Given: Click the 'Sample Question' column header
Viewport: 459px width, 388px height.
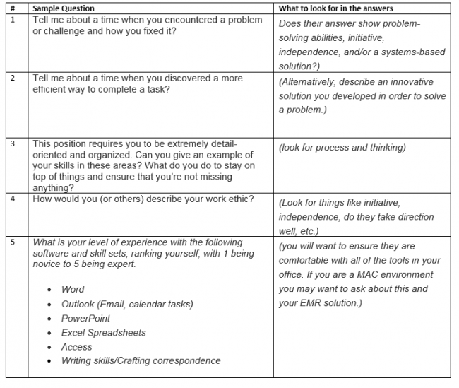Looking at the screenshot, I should pyautogui.click(x=63, y=8).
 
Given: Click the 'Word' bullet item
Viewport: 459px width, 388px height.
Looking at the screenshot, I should pyautogui.click(x=72, y=289).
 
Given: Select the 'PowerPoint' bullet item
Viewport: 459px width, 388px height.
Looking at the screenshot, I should pyautogui.click(x=85, y=318).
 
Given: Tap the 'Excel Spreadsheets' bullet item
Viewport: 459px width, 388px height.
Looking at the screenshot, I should pyautogui.click(x=103, y=332).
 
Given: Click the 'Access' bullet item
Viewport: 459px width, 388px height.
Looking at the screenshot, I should pyautogui.click(x=76, y=346).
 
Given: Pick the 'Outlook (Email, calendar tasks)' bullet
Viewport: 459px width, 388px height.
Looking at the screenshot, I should pyautogui.click(x=126, y=304).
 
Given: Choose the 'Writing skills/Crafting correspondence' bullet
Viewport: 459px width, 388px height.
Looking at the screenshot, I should pyautogui.click(x=141, y=360).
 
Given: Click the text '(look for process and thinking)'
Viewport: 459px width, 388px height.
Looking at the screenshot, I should pyautogui.click(x=342, y=148).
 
